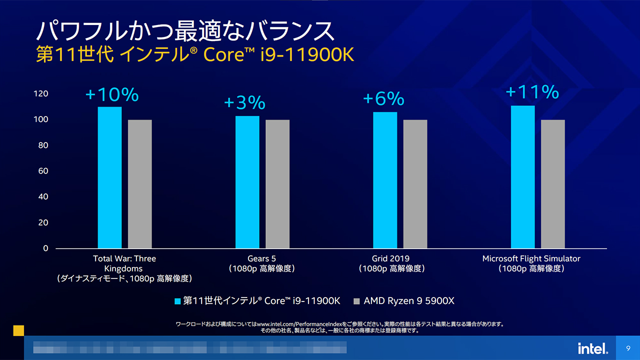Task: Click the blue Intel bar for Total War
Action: (109, 177)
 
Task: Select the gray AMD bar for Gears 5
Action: (277, 184)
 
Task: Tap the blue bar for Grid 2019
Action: (385, 180)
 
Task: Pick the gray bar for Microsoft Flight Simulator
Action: (552, 184)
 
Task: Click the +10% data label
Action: (112, 94)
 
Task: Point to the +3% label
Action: (244, 103)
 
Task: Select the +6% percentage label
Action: (383, 99)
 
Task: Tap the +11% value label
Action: (532, 92)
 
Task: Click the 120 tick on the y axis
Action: (42, 94)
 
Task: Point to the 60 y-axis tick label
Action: (43, 171)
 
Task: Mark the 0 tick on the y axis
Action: (45, 248)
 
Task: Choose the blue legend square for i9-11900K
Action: (177, 301)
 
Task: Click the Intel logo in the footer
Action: (593, 348)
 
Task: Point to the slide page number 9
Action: (628, 348)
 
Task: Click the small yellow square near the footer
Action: (18, 330)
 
